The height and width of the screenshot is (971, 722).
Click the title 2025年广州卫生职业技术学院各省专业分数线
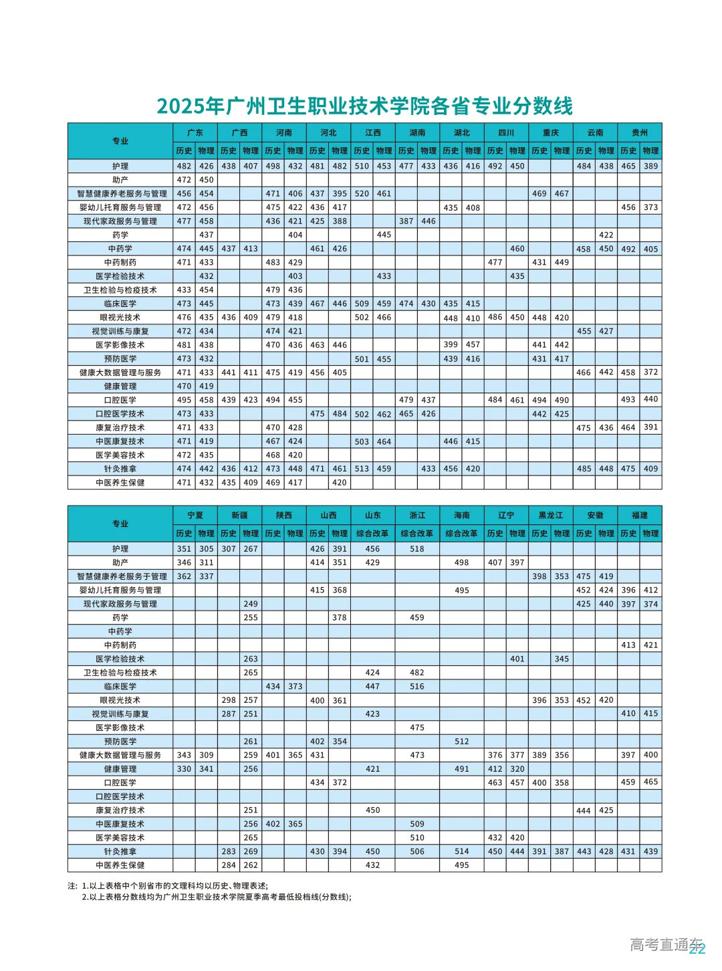pos(364,106)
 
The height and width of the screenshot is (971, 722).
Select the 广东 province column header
pos(195,132)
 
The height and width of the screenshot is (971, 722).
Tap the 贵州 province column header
pos(640,132)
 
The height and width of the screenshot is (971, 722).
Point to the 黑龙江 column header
pos(551,515)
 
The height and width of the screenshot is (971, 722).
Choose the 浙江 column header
pos(417,515)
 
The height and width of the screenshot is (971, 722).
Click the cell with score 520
pos(362,193)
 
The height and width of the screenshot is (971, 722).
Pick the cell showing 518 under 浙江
pos(417,548)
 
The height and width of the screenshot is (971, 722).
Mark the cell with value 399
pos(451,344)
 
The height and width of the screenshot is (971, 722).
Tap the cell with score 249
pos(251,603)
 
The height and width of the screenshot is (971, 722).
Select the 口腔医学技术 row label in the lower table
pos(120,796)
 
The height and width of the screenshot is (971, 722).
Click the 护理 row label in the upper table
pos(120,166)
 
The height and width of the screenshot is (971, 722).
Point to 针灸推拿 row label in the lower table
pos(120,851)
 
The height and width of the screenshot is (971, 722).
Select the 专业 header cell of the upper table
pos(120,140)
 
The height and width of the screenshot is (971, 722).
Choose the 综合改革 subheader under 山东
pos(372,533)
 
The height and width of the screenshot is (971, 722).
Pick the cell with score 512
pos(462,741)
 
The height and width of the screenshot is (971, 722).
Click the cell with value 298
pos(229,700)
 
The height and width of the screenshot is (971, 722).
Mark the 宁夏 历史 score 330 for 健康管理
pos(184,769)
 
